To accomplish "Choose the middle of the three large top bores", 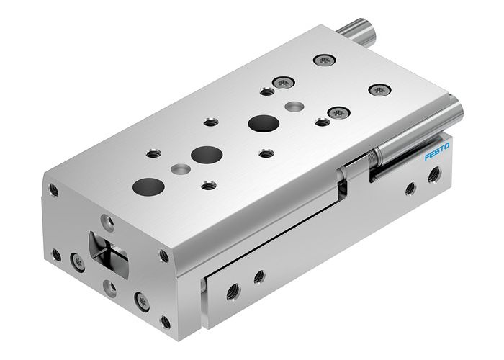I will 207,154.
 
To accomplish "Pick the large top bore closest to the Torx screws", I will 261,122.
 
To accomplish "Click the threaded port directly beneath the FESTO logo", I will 434,174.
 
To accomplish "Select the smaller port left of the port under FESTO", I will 410,189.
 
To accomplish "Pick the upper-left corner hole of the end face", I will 53,190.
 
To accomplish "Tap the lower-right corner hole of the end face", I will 165,321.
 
